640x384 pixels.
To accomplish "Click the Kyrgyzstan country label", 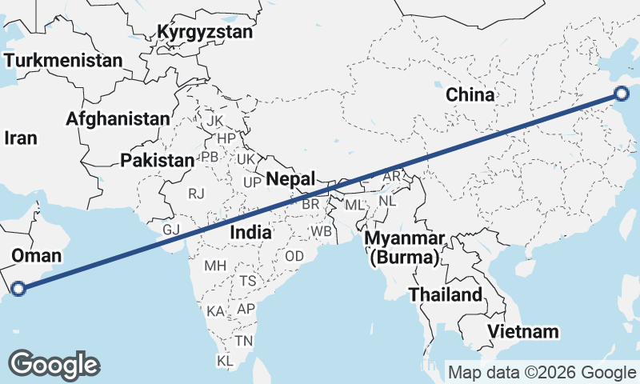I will [x=205, y=33].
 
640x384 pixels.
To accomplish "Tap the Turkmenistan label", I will [x=63, y=60].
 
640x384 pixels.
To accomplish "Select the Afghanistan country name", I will [x=118, y=118].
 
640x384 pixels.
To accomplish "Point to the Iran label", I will [x=21, y=138].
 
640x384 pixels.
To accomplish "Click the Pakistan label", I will [x=158, y=160].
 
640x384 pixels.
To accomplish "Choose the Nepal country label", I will [x=290, y=178].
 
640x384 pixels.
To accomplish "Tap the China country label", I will [x=470, y=94].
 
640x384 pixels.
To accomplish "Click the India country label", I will [x=250, y=232].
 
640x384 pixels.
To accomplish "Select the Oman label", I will [x=36, y=255].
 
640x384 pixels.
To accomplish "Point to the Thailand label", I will [x=446, y=294].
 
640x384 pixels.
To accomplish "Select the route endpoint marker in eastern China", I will [x=622, y=94].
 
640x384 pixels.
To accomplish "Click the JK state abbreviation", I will [x=214, y=121].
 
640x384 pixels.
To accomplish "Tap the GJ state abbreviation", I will [x=171, y=230].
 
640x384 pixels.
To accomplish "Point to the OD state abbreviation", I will [x=294, y=256].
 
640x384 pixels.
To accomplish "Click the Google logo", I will [x=54, y=365].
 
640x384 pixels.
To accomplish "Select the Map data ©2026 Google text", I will [x=542, y=372].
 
